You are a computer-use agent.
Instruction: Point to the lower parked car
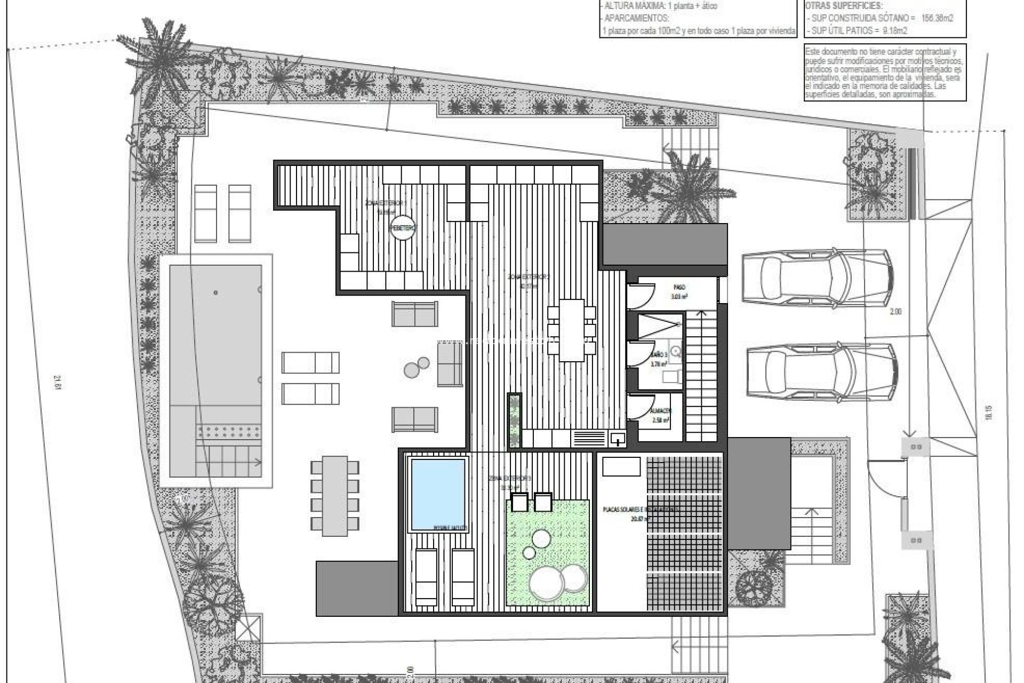tap(822, 372)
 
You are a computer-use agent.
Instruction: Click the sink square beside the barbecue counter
tap(618, 439)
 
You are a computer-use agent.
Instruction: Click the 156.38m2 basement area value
tap(937, 18)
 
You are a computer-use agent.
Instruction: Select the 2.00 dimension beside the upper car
tap(895, 312)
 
